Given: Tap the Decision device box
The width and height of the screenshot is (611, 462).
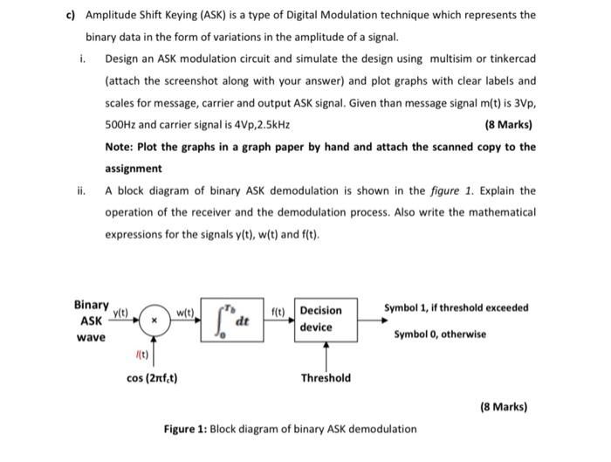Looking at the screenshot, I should point(320,319).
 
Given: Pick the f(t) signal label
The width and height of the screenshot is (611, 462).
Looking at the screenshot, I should point(278,311).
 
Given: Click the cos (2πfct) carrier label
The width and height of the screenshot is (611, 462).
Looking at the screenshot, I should point(153,378).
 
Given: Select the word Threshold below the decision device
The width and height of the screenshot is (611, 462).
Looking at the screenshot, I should point(326,378).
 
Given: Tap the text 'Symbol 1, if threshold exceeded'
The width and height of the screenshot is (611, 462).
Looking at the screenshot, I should point(456,308).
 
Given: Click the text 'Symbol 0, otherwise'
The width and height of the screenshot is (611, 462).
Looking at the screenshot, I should point(440,334).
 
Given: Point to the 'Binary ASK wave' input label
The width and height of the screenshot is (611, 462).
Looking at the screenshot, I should point(91,321).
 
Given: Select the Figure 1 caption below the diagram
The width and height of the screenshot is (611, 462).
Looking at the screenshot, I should point(290,429).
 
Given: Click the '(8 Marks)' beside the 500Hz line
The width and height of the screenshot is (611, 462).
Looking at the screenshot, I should point(508,125).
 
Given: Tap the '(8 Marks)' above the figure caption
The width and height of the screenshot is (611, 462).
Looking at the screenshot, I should point(505,407).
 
